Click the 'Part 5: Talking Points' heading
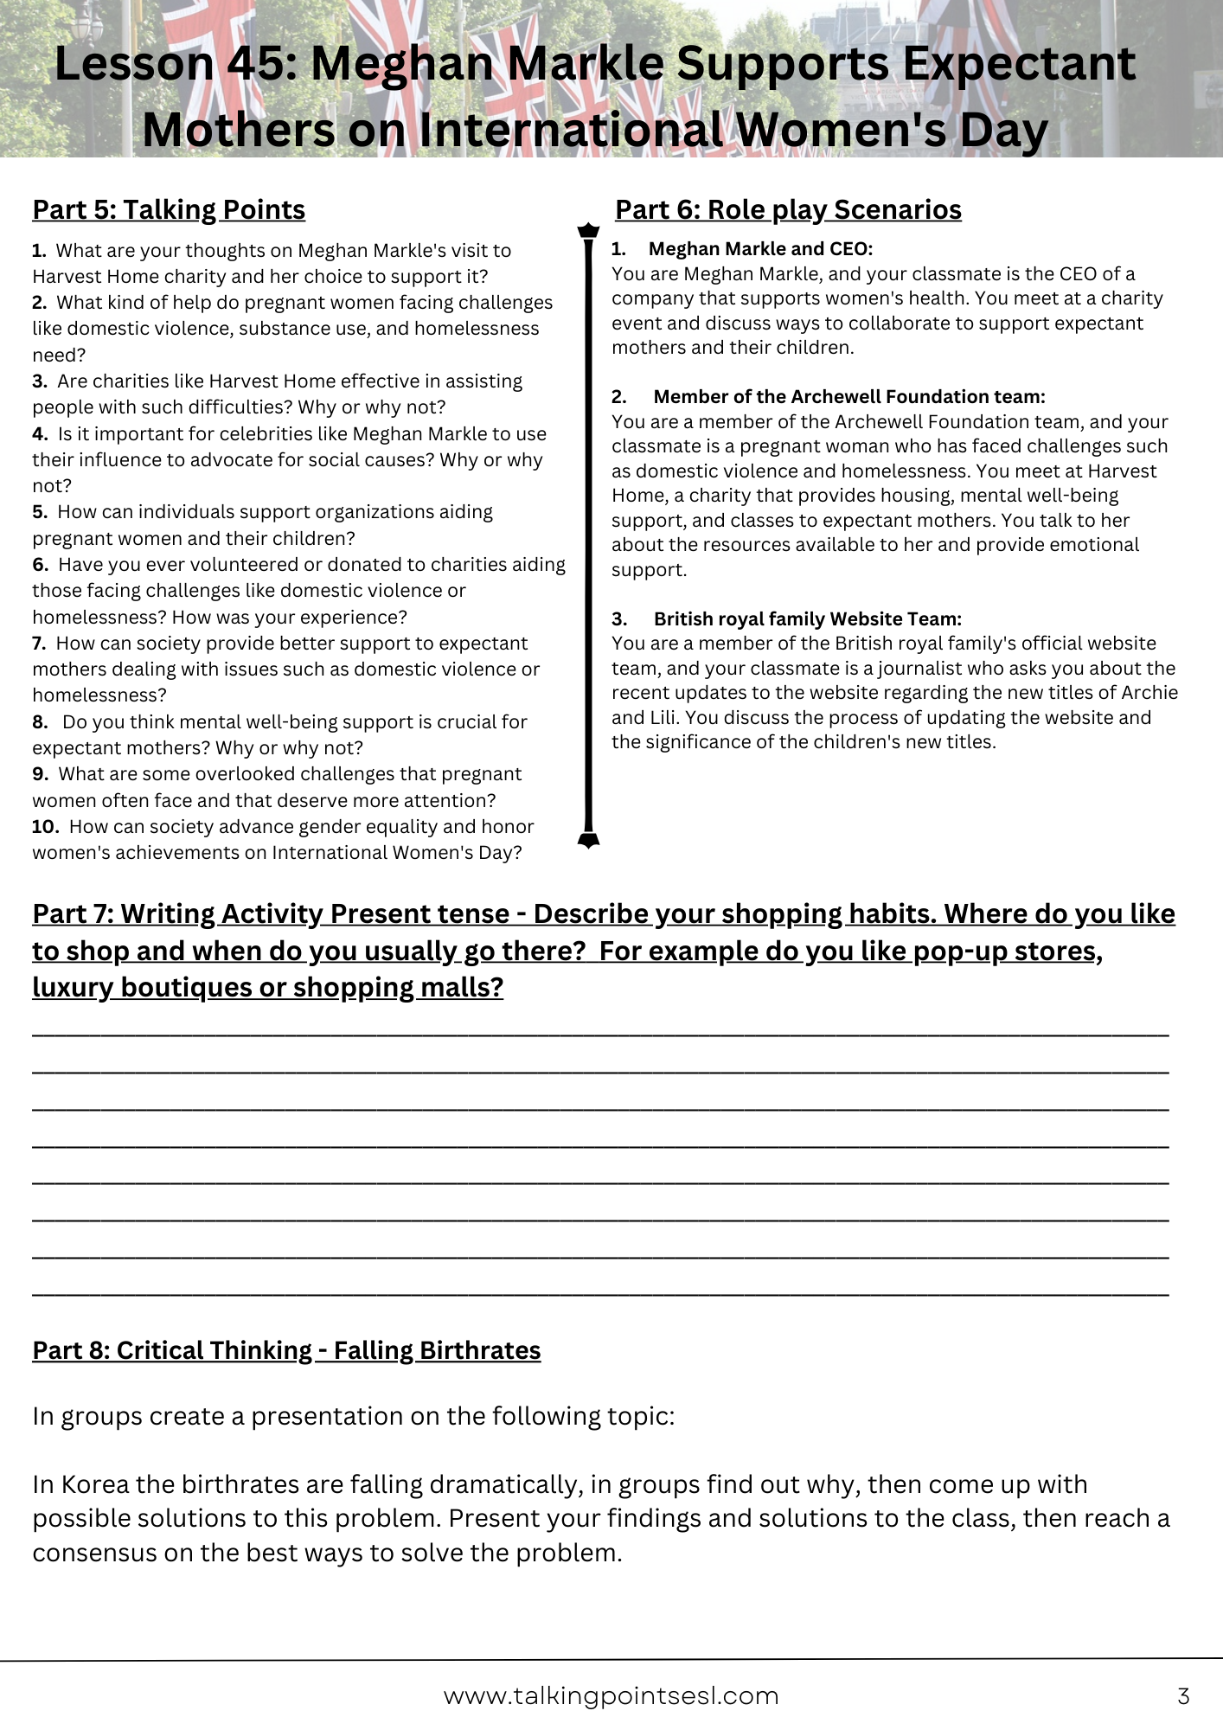169,210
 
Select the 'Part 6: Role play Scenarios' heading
788,210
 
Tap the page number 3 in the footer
1183,1696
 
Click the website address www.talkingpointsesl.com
611,1696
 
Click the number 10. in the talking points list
45,827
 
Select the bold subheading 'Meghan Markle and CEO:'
760,249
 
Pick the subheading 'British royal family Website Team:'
807,619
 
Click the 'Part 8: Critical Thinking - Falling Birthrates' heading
286,1350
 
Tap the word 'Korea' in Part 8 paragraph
95,1485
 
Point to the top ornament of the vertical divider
588,230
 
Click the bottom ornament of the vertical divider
588,840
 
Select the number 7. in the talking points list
39,644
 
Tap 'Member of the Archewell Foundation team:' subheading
848,397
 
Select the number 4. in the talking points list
40,434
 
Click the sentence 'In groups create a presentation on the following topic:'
353,1417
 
